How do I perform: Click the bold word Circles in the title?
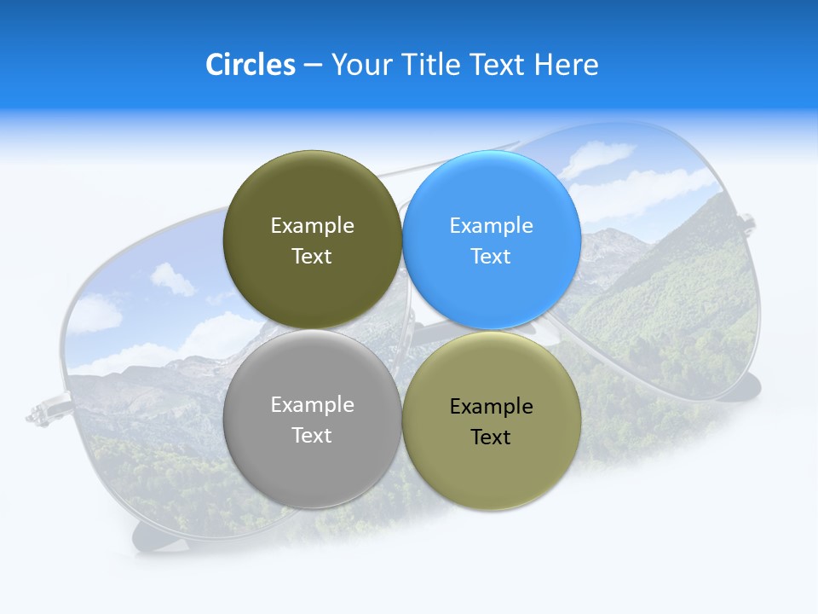[x=251, y=65]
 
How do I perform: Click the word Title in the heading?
[x=431, y=65]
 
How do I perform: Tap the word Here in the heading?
[x=567, y=65]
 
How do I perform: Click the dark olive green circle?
[x=312, y=240]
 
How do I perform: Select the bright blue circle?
[x=492, y=240]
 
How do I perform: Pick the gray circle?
[x=312, y=420]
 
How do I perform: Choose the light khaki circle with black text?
[x=492, y=420]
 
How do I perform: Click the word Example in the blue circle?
[x=492, y=226]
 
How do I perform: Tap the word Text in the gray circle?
[x=312, y=435]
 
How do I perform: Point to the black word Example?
[x=492, y=407]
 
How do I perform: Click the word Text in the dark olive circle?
[x=312, y=256]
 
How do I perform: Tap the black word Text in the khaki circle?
[x=491, y=437]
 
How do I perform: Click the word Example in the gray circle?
[x=312, y=405]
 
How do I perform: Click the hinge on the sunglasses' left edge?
[x=41, y=414]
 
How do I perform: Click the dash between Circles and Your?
[x=313, y=65]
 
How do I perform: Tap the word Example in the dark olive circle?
[x=312, y=226]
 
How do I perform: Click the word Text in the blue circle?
[x=491, y=256]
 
